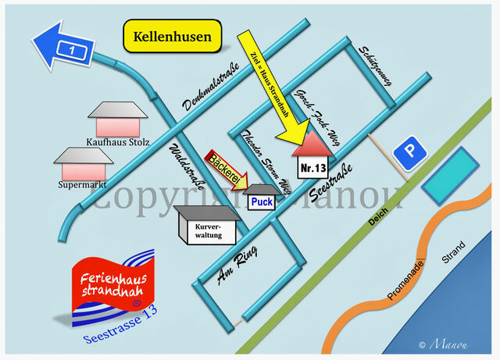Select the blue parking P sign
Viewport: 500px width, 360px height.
409,153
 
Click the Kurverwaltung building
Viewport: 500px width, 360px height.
207,230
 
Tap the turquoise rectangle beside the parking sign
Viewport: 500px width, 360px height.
449,175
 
